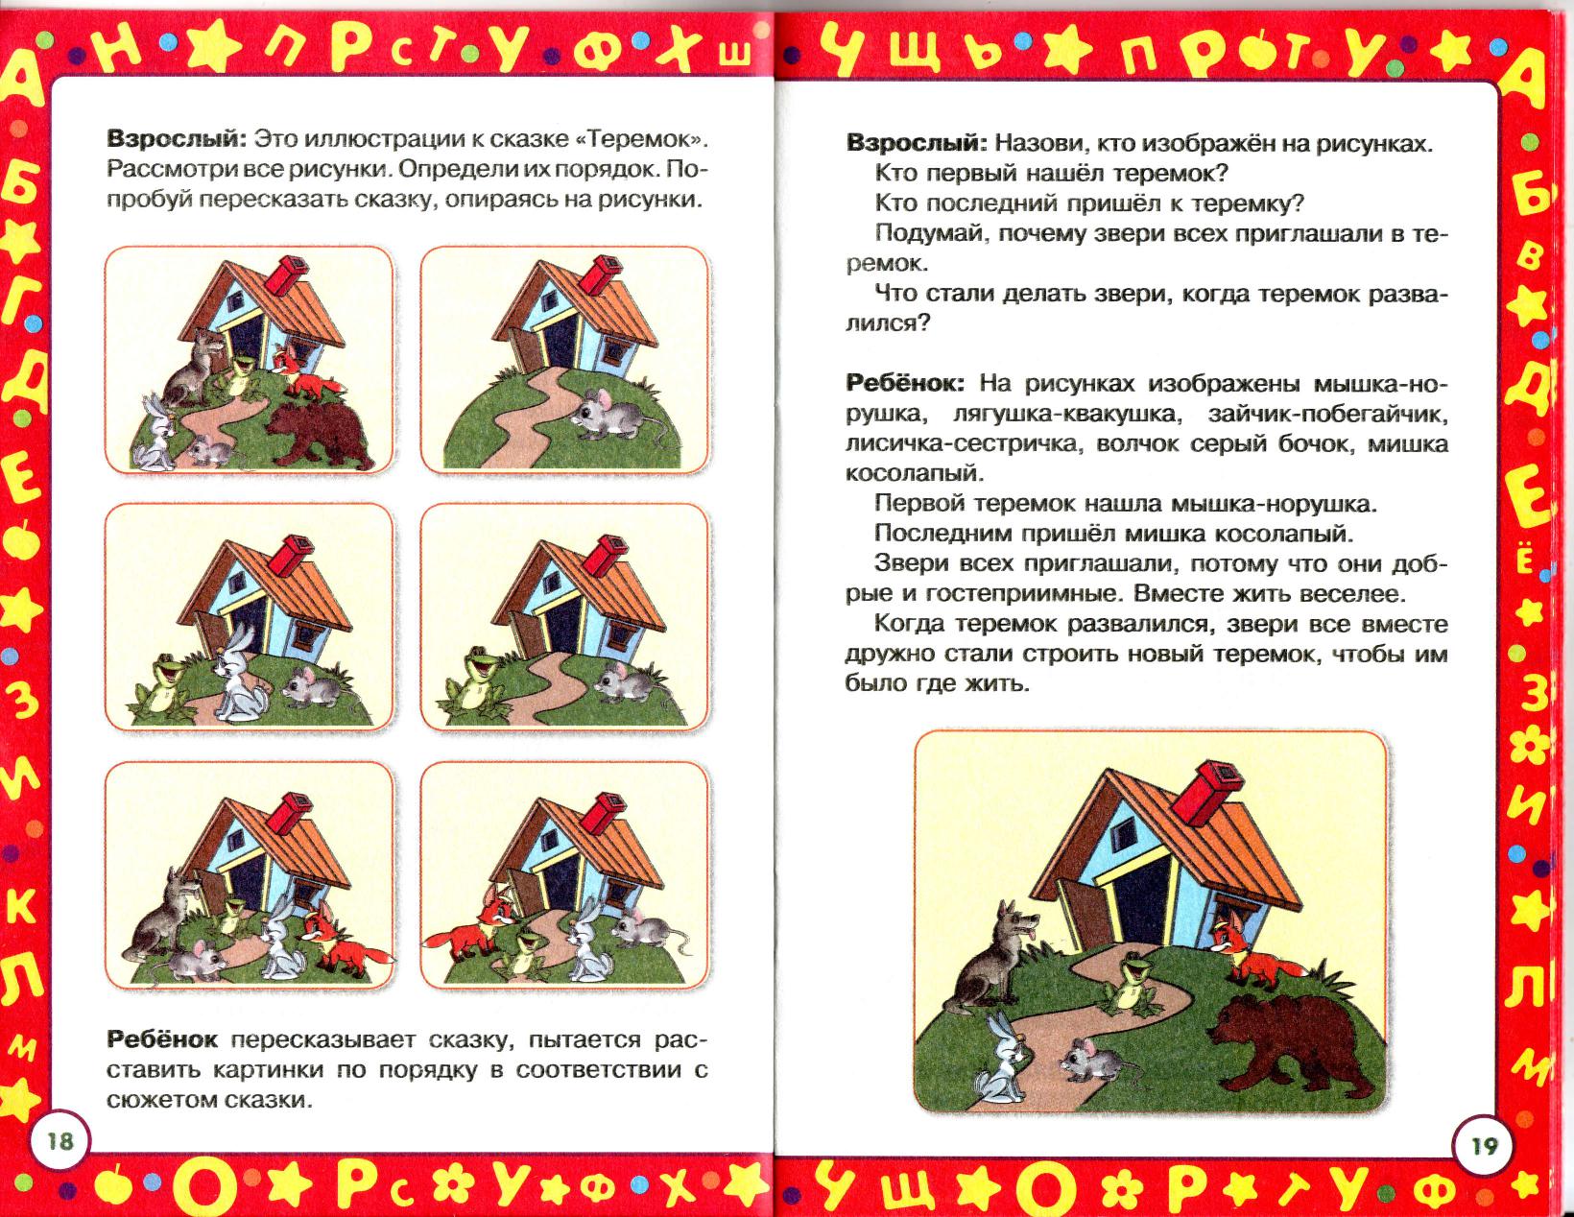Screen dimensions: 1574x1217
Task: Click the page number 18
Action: (60, 1141)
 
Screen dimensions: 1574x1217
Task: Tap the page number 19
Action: (1485, 1147)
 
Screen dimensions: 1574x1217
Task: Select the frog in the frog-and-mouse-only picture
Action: (471, 680)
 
